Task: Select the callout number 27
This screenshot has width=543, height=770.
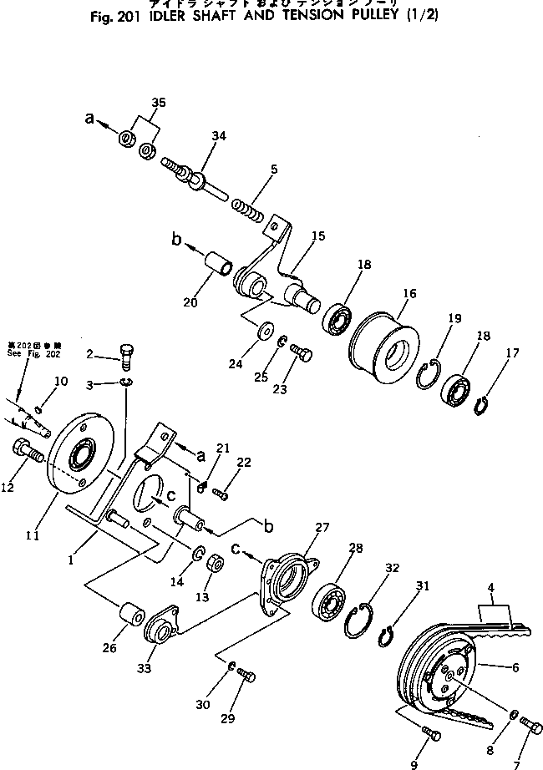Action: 322,527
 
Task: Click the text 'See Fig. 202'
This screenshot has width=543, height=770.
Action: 33,353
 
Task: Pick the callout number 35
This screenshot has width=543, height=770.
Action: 158,103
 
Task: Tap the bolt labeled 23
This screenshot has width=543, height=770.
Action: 302,356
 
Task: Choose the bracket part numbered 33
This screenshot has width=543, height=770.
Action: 160,626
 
